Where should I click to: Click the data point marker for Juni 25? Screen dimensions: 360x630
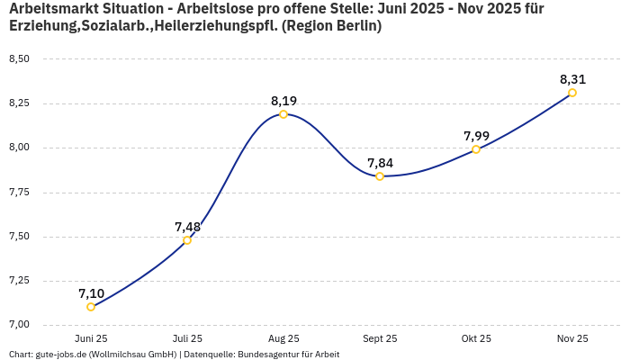click(91, 307)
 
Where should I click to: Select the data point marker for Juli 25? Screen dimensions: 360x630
click(187, 240)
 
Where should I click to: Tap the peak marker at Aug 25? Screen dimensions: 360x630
click(283, 114)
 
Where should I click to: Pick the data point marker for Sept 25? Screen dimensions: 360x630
click(380, 176)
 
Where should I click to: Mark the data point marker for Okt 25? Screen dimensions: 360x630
click(476, 149)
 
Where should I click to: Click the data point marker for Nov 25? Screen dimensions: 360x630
click(572, 93)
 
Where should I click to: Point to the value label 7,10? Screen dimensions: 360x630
click(91, 293)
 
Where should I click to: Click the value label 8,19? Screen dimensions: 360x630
click(283, 101)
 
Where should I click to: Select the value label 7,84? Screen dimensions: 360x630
click(380, 163)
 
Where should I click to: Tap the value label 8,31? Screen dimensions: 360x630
click(572, 79)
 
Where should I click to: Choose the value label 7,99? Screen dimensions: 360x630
click(476, 136)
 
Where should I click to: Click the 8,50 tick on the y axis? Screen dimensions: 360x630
click(18, 59)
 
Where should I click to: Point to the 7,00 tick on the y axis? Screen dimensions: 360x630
click(18, 325)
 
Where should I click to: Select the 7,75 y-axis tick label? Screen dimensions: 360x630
click(18, 192)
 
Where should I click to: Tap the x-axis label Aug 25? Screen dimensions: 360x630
click(283, 339)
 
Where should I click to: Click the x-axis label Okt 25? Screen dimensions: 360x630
click(476, 339)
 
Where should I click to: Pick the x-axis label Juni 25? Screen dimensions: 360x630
click(91, 339)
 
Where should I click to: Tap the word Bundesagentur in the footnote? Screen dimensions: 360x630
click(268, 355)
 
